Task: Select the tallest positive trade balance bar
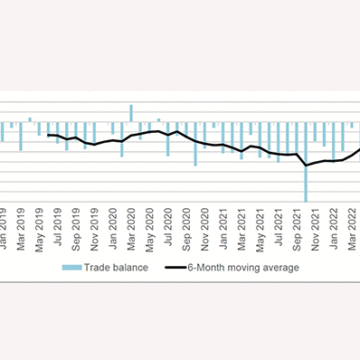(x=131, y=113)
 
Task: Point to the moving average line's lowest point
(x=306, y=166)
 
